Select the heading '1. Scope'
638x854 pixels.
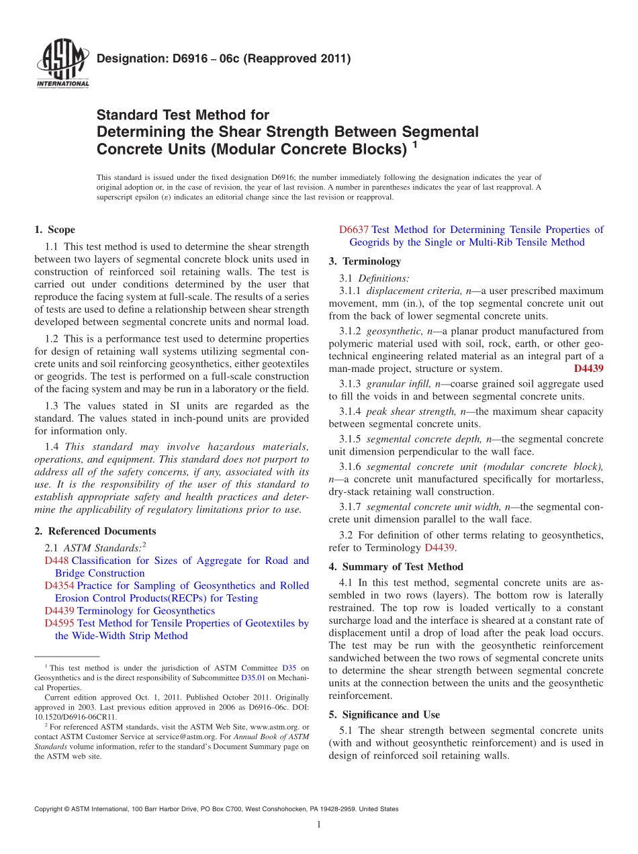coord(54,230)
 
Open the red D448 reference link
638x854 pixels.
coord(56,561)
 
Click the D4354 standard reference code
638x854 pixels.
coord(59,585)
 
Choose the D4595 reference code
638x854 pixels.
coord(59,623)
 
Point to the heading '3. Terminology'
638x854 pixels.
coord(365,261)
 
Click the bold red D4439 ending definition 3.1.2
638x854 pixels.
coord(588,369)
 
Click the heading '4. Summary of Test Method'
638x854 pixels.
coord(396,566)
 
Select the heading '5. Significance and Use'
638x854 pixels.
coord(384,714)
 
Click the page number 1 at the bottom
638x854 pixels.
coord(319,825)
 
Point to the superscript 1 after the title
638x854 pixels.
coord(416,144)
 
